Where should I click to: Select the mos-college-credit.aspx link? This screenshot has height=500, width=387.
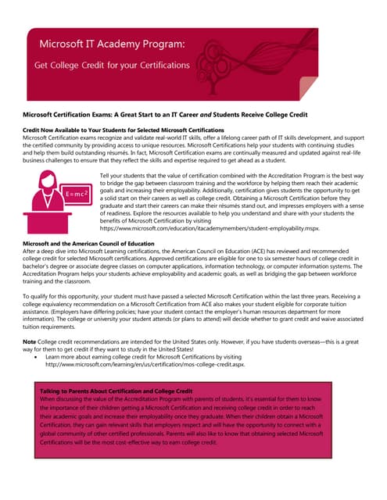(157, 363)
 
